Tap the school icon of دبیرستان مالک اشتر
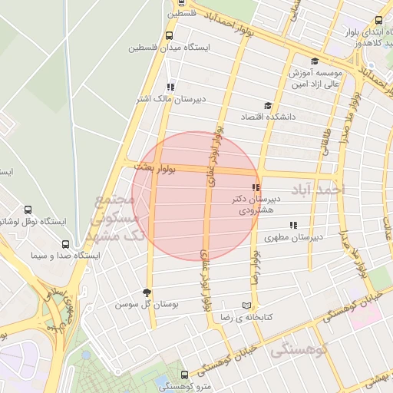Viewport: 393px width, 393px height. click(170, 87)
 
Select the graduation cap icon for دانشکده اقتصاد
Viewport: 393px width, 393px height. click(268, 106)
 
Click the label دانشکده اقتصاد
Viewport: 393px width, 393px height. click(243, 117)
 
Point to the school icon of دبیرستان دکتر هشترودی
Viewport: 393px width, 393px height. click(256, 187)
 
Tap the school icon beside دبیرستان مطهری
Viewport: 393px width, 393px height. click(292, 225)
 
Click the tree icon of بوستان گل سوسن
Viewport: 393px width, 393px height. click(147, 292)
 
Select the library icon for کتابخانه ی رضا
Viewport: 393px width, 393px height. click(246, 304)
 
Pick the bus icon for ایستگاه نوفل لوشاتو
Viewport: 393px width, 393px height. click(28, 210)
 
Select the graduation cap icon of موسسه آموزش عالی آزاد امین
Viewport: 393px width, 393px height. click(313, 61)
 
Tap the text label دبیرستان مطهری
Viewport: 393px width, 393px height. click(292, 238)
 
